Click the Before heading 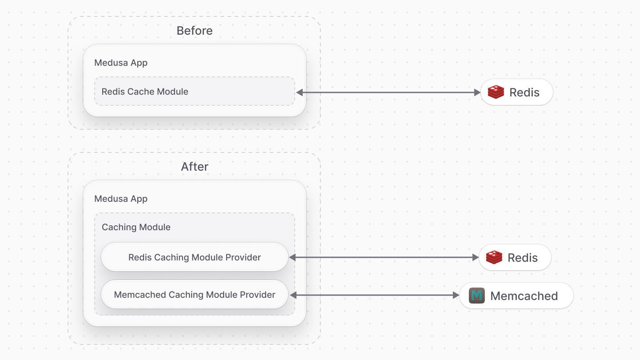pos(194,31)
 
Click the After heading pos(194,167)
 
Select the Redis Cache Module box pos(194,92)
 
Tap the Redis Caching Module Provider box pos(194,257)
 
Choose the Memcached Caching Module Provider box pos(194,295)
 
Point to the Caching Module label pos(136,227)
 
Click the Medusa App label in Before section pos(121,63)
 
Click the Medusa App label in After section pos(121,199)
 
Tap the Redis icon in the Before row pos(496,92)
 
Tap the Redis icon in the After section pos(494,257)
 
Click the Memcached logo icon pos(477,296)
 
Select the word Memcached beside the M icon pos(524,296)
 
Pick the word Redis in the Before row pos(524,92)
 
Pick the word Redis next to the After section pos(523,258)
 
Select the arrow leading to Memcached pos(374,295)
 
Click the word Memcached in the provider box pos(140,295)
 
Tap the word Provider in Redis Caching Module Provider pos(244,257)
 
